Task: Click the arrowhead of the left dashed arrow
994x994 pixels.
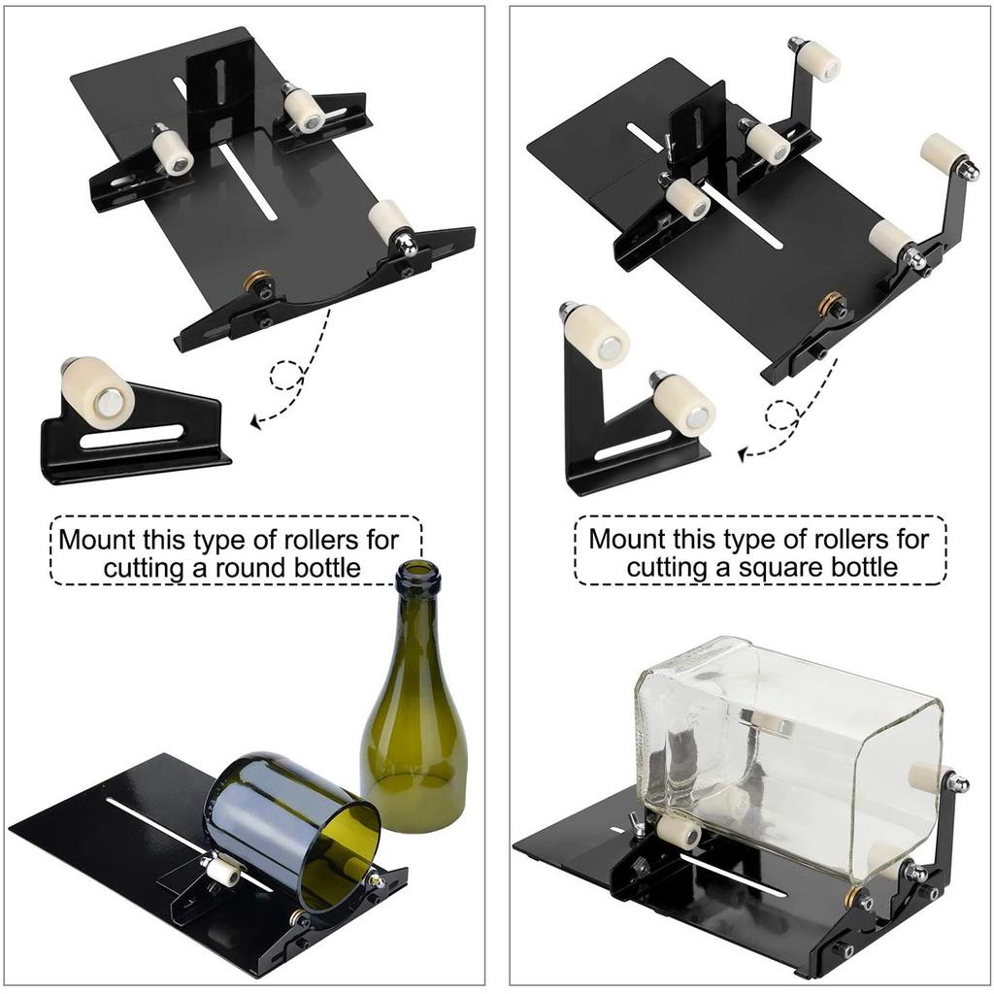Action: tap(255, 421)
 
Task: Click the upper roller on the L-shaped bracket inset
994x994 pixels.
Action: tap(596, 336)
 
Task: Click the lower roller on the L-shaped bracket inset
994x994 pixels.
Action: tap(683, 405)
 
